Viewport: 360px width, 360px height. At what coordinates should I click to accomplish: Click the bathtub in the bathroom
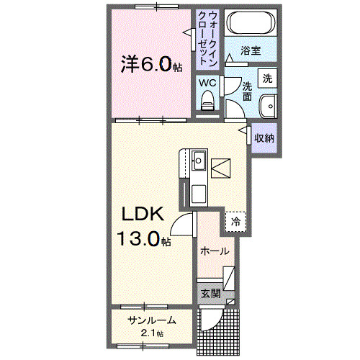251,23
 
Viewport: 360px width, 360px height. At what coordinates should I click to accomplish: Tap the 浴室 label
251,50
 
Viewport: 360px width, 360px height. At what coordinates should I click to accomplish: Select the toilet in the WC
207,101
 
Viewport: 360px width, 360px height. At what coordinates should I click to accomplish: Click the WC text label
207,83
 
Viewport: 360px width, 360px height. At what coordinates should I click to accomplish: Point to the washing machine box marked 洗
267,78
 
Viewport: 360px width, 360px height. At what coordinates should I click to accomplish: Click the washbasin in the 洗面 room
269,107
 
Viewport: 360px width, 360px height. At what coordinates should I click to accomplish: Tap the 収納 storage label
264,138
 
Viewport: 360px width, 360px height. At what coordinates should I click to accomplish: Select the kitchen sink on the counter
199,161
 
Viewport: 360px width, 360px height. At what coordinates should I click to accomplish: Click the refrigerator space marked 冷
235,222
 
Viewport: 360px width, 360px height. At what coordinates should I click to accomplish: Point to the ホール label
215,251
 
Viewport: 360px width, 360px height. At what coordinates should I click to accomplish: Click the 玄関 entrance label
210,293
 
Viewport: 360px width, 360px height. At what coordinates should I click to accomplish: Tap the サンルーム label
152,320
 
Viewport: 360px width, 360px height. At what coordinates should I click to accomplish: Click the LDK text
143,214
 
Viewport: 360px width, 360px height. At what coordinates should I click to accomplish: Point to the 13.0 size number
138,238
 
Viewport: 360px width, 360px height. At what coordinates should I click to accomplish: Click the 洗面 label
247,91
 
